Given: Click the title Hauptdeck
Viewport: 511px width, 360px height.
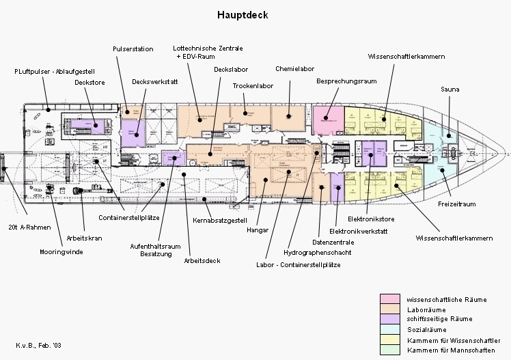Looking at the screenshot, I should [243, 14].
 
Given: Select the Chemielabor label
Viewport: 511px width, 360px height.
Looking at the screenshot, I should [294, 69].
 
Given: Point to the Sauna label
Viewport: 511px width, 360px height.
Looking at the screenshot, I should [450, 89].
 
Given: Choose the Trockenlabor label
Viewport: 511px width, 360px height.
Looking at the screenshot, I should [253, 87].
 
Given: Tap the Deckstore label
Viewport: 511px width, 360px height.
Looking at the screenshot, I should [89, 82].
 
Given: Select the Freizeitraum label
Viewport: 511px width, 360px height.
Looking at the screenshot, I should [456, 204].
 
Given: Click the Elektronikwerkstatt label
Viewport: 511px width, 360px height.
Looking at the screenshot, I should [359, 232].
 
